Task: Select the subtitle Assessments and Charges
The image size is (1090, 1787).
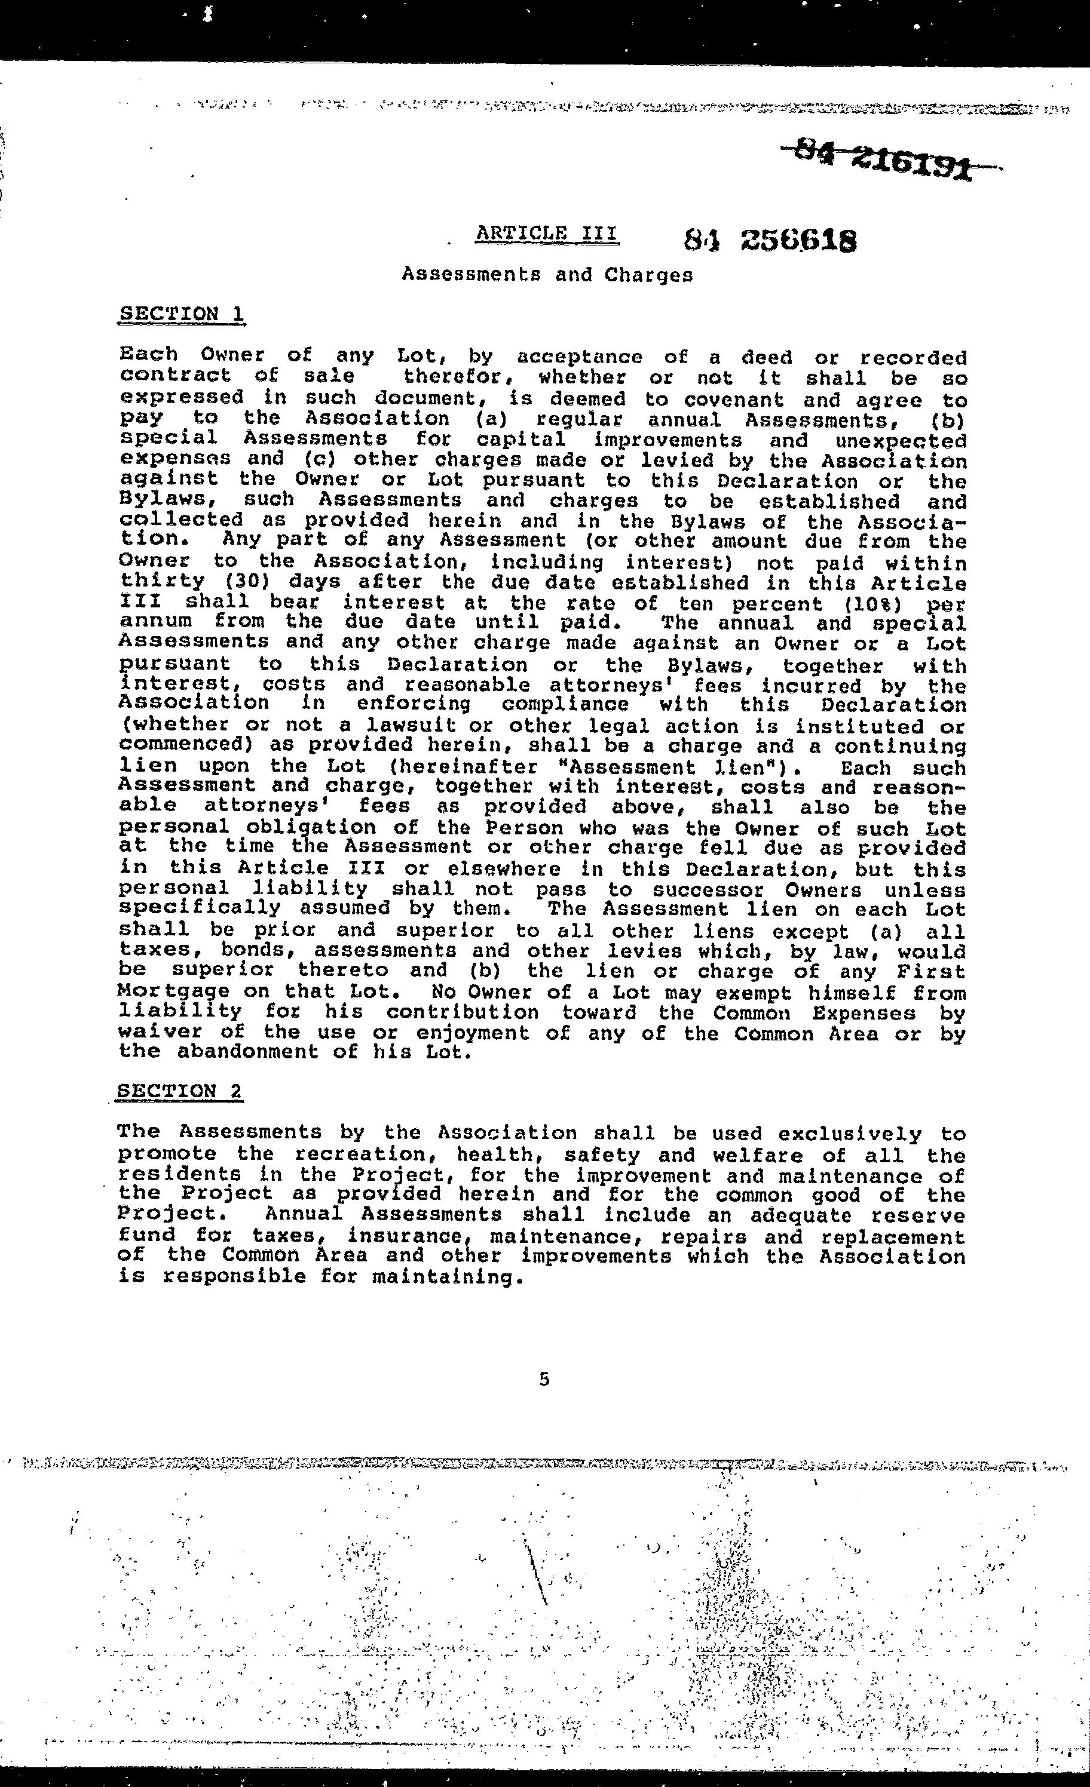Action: tap(547, 275)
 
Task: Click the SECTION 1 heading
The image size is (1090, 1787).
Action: tap(182, 314)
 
